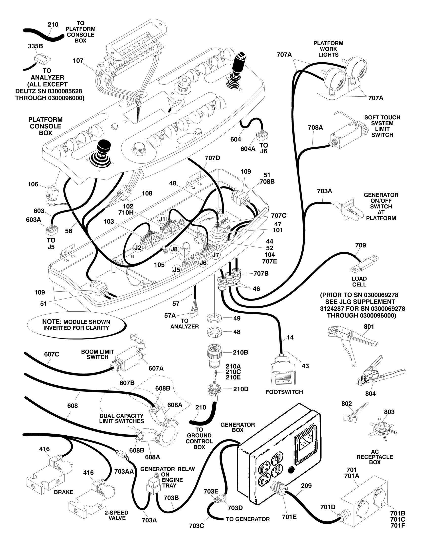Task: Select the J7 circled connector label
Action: tap(215, 255)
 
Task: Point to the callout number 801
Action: tap(369, 327)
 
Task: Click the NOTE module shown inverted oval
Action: tap(76, 325)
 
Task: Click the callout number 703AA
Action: tap(124, 471)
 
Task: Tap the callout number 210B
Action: tap(240, 353)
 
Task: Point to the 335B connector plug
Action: tap(40, 59)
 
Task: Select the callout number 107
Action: tap(78, 61)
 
